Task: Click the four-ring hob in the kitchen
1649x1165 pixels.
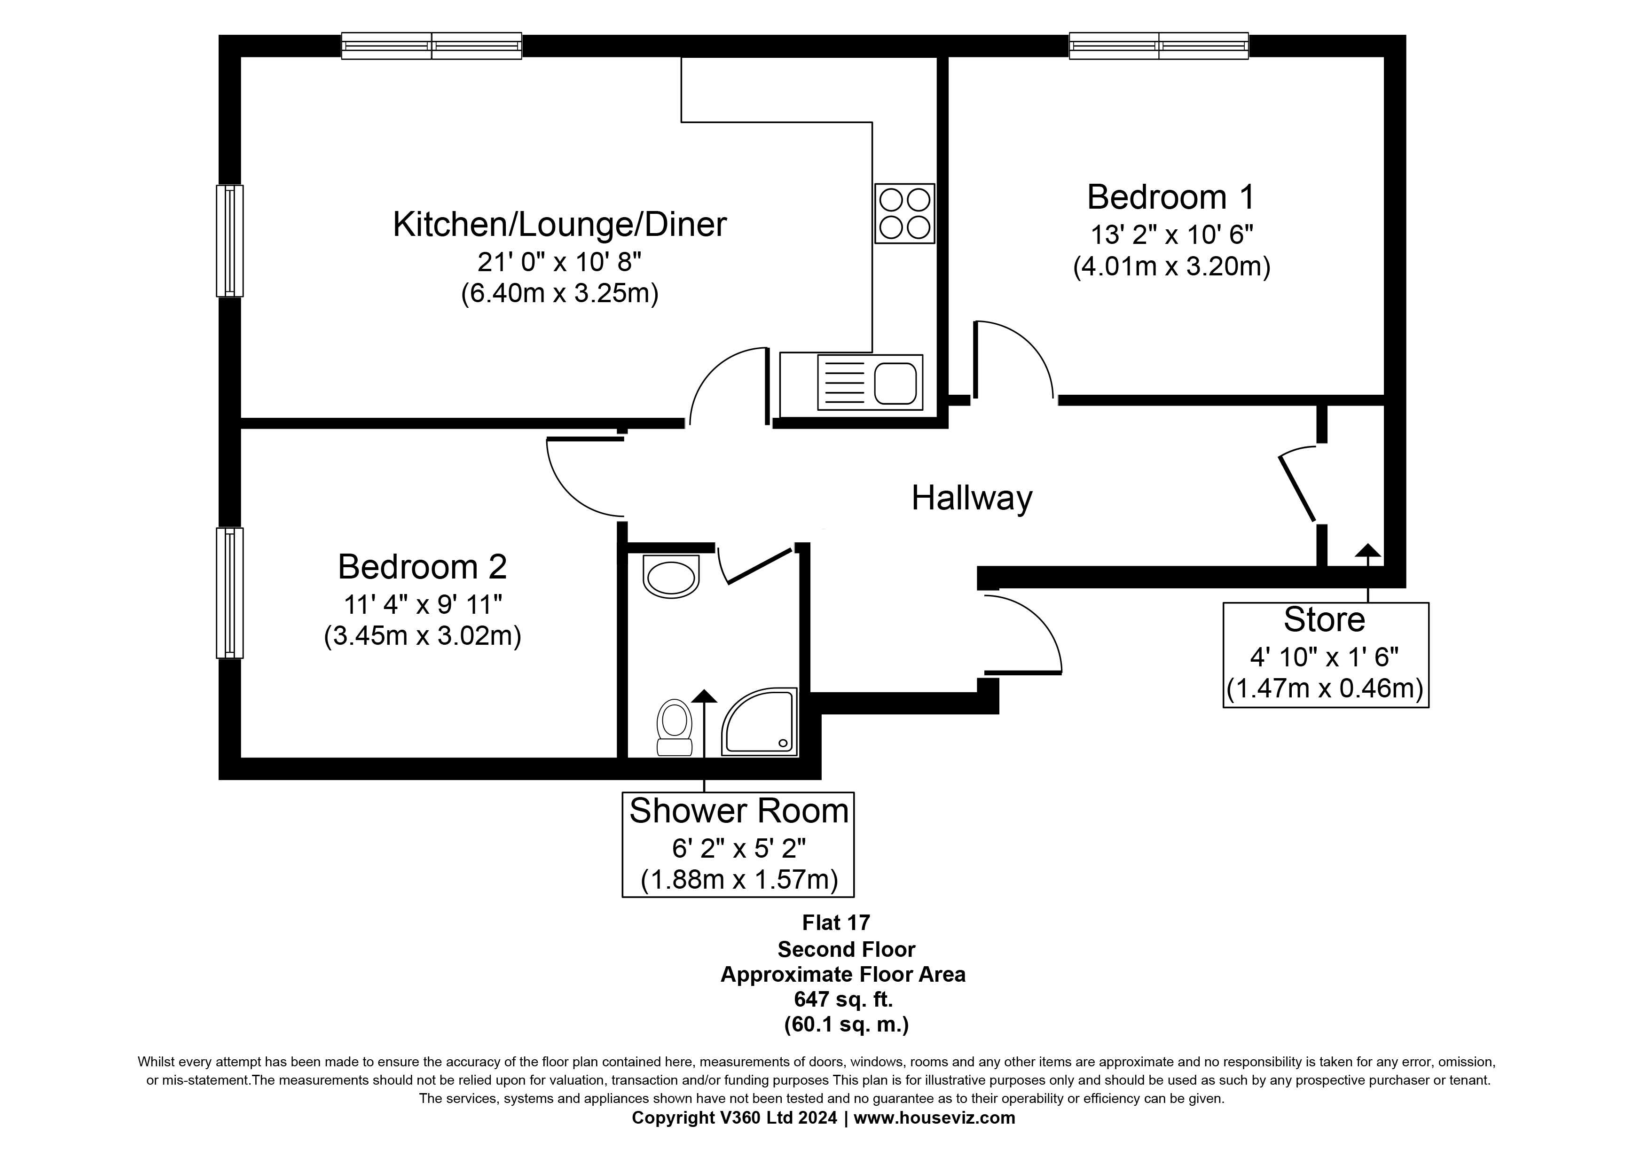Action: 904,213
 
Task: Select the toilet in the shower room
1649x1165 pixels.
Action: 675,728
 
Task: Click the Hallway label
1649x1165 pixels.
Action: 971,498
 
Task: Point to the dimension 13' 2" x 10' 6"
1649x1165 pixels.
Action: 1171,235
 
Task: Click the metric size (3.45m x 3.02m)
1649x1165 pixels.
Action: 422,636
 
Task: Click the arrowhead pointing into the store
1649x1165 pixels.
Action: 1367,551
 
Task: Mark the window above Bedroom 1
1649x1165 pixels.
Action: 1158,46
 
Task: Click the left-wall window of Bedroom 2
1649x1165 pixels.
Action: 230,593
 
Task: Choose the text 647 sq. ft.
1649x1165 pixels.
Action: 843,999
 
